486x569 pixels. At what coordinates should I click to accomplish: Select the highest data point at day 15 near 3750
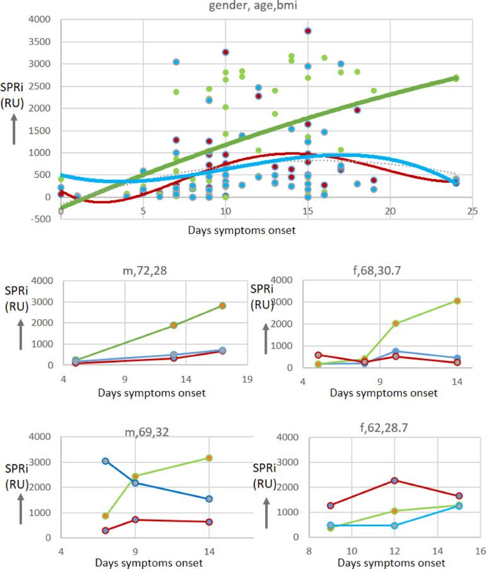coord(307,30)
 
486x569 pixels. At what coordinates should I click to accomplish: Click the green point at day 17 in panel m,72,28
coord(222,305)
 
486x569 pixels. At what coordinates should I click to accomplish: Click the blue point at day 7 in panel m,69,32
coord(105,461)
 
